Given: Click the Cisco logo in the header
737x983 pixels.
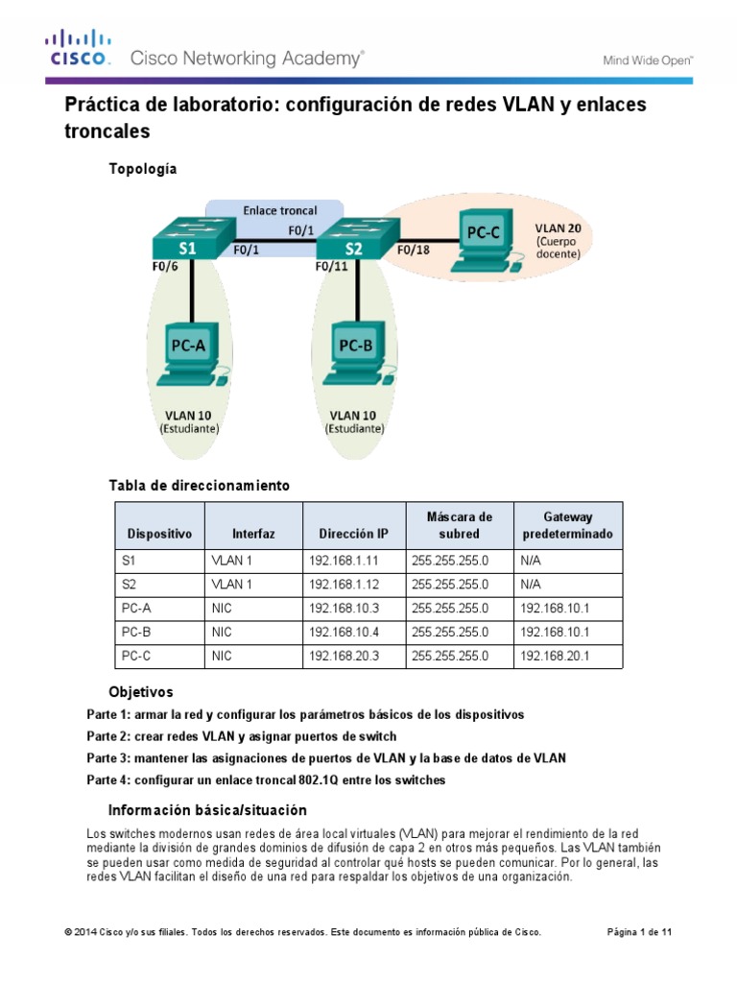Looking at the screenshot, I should [x=80, y=48].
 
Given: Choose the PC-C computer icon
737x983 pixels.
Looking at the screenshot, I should [x=487, y=237].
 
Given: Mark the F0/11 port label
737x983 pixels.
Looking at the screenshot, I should [x=332, y=268].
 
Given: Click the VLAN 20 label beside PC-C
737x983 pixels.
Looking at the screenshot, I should [x=558, y=229].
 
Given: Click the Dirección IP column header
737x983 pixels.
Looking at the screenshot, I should [x=354, y=533].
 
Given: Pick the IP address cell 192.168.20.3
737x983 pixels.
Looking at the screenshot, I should [x=341, y=657].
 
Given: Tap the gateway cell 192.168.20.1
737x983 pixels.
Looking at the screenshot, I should [x=554, y=657].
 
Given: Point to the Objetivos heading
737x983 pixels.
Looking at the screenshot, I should [x=141, y=691].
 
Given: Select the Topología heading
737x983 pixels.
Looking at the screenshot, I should [x=143, y=169].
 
